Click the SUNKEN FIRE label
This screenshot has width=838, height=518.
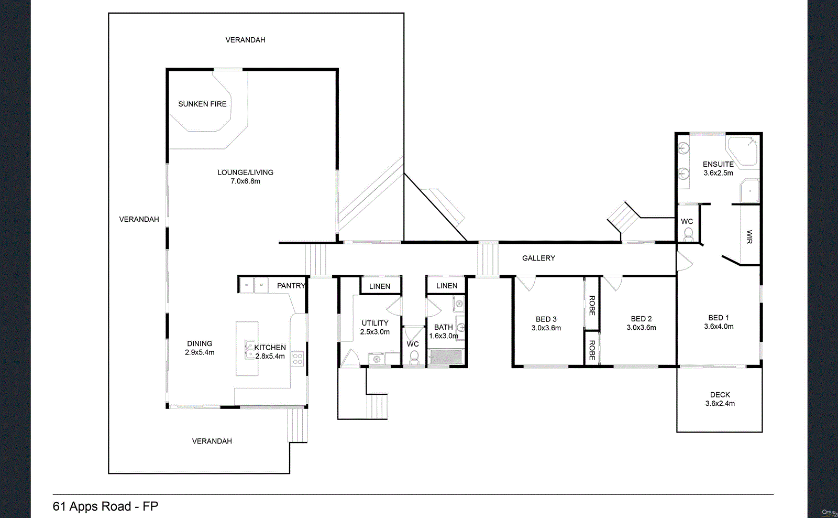(202, 104)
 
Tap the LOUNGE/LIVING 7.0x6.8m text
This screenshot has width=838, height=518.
(245, 177)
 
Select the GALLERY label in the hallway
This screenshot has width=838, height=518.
(538, 258)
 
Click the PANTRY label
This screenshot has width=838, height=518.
(291, 286)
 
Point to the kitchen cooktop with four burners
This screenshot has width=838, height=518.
(297, 359)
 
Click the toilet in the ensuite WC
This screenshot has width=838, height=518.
(688, 233)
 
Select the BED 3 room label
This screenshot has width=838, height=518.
(546, 323)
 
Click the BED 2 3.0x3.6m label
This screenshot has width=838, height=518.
(641, 323)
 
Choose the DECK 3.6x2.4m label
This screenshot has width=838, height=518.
(720, 399)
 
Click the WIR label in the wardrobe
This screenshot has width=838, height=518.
(749, 236)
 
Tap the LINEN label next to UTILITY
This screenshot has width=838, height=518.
(380, 286)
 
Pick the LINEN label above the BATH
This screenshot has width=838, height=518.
(447, 286)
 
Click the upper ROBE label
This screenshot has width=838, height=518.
(592, 305)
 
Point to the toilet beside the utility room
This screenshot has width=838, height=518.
(414, 358)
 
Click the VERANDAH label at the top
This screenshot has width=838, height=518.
(245, 40)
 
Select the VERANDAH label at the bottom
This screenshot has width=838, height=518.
(212, 441)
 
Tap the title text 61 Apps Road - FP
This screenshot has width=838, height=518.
(105, 506)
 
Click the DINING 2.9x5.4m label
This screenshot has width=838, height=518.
(200, 348)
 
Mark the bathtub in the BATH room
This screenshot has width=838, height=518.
(446, 357)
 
